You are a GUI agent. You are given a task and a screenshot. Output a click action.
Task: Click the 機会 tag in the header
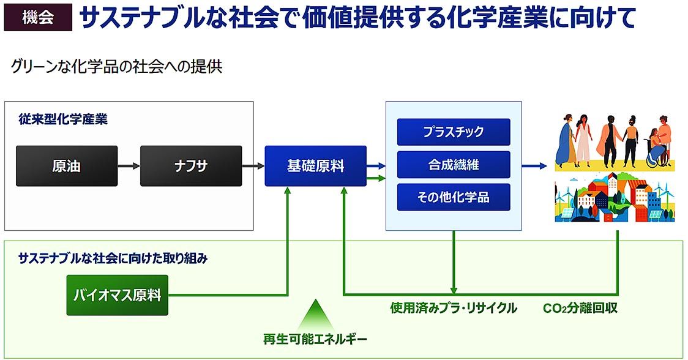(x=38, y=17)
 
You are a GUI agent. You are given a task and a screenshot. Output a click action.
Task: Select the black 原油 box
(x=67, y=166)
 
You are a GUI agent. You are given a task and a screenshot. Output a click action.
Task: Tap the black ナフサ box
(x=191, y=166)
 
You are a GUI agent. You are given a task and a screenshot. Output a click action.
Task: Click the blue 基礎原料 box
(x=315, y=166)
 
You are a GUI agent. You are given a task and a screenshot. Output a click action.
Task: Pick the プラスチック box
(x=454, y=132)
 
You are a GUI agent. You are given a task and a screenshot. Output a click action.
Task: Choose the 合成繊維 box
(x=454, y=165)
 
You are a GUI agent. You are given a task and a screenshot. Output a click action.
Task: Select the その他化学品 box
(x=454, y=197)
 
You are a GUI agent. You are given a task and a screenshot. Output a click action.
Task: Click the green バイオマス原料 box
(x=117, y=295)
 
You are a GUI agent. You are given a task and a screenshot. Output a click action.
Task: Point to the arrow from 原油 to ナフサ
(x=129, y=166)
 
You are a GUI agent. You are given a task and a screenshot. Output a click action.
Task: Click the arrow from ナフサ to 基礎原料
(x=253, y=166)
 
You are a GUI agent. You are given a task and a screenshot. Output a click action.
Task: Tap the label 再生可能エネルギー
(x=315, y=339)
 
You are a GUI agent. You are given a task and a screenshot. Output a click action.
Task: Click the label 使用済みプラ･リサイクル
(x=454, y=308)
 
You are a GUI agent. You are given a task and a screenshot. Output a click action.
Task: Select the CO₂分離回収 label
(x=580, y=308)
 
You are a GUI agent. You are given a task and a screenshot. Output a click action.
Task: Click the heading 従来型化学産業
(x=63, y=119)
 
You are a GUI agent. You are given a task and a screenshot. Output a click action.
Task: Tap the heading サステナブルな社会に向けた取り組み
(x=113, y=258)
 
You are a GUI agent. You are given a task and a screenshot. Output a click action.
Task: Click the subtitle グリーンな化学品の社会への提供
(x=117, y=67)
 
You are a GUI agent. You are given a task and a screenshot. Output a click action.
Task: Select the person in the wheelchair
(x=656, y=149)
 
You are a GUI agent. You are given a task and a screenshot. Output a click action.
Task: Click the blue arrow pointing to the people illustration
(x=534, y=166)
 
